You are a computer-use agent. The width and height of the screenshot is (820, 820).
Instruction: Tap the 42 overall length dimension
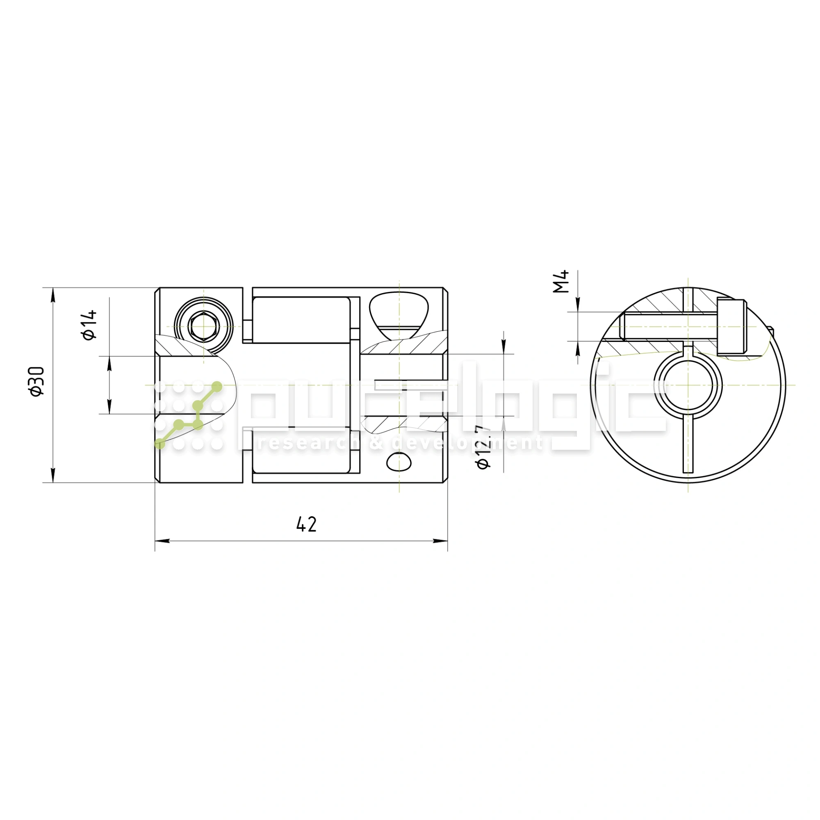tap(306, 525)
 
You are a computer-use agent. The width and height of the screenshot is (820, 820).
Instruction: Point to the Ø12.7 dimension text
tap(484, 447)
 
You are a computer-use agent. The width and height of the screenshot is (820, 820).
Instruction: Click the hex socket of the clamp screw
tap(204, 327)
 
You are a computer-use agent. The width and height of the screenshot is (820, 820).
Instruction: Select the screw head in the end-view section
tap(732, 327)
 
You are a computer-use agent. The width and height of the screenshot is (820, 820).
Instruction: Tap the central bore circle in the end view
tap(688, 385)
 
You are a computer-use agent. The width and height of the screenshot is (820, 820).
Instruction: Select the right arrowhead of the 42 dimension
tap(440, 541)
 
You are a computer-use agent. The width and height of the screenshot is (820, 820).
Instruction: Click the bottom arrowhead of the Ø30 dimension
tap(53, 475)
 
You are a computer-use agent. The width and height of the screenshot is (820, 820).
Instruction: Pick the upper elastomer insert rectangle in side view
tap(301, 320)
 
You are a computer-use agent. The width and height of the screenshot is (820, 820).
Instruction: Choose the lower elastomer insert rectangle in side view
tap(301, 452)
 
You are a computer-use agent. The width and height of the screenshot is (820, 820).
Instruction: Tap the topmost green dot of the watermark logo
tap(217, 387)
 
